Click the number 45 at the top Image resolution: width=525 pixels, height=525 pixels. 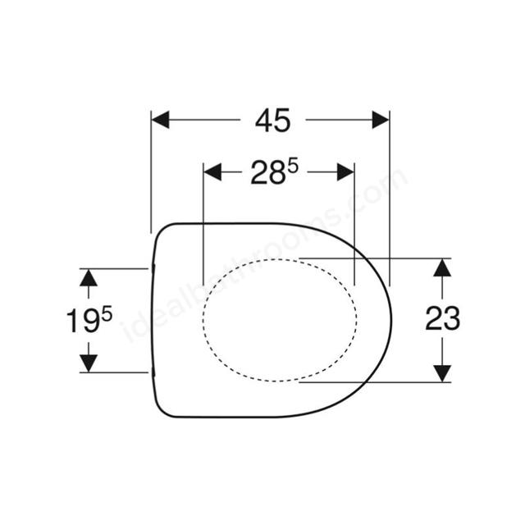272,121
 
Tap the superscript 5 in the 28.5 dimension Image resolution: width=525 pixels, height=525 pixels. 291,164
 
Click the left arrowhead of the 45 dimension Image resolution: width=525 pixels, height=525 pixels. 161,121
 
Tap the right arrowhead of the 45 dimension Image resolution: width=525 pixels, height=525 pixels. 380,121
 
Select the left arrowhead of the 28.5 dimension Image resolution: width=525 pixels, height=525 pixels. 212,171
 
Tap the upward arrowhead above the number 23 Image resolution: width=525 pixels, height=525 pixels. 442,267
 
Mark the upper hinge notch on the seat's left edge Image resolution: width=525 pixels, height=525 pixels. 153,267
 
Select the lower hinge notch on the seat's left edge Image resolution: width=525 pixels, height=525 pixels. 153,372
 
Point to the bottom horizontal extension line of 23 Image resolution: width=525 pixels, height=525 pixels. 377,381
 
